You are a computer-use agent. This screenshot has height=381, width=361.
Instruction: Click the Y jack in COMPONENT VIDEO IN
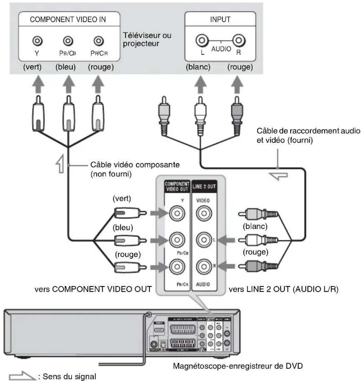coord(37,41)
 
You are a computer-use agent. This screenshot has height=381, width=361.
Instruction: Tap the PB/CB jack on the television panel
coord(67,41)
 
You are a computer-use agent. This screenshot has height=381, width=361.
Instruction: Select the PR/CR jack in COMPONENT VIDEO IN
coord(99,41)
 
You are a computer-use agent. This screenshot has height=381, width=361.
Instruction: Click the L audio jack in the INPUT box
coord(202,40)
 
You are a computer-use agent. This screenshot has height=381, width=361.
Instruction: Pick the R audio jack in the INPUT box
coord(239,40)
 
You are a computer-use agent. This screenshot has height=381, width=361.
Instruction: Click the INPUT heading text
coord(220,19)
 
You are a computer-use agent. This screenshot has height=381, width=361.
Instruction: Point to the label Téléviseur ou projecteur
coord(147,39)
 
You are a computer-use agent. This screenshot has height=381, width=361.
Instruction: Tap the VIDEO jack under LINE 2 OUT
coord(204,214)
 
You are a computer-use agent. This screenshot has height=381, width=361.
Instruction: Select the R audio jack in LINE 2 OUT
coord(204,267)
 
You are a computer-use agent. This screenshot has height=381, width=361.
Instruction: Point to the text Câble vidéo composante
coord(135,165)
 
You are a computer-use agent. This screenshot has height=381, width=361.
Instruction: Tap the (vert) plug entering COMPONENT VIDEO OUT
coord(129,213)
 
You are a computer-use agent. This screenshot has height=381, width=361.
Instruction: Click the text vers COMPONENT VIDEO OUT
coord(93,289)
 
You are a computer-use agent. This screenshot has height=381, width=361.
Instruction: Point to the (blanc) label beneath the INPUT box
coord(198,67)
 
